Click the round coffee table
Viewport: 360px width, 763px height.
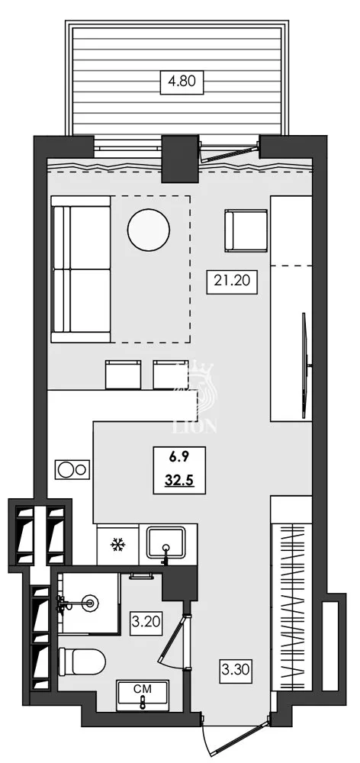[149, 230]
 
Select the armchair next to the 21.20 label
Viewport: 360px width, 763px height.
[245, 230]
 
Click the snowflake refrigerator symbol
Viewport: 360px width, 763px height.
[117, 545]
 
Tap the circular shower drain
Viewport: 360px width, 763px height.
[92, 604]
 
